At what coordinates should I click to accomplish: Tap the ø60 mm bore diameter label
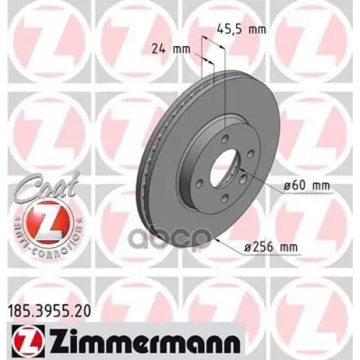pos(305,185)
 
